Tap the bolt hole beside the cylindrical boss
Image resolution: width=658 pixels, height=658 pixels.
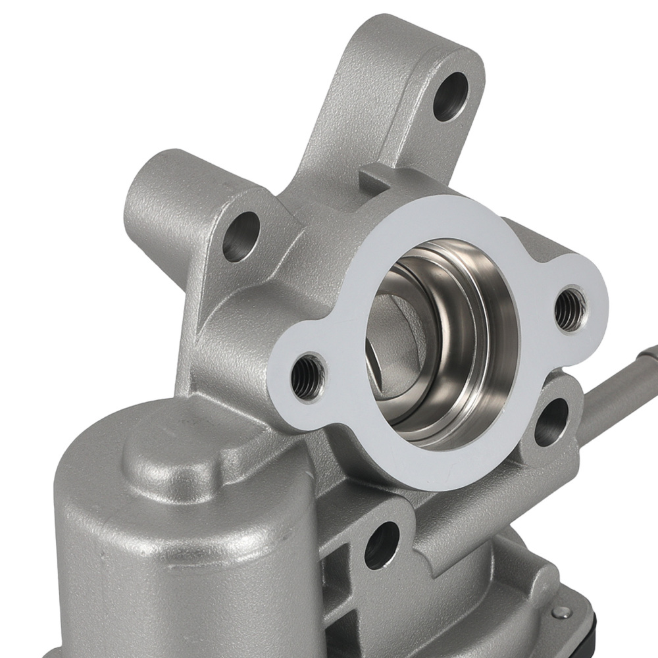[x=241, y=235]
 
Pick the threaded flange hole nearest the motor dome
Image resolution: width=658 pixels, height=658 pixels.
[x=308, y=376]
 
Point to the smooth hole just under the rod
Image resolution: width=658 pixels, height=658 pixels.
[x=551, y=421]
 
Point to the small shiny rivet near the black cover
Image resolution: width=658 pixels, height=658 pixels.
[x=559, y=613]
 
